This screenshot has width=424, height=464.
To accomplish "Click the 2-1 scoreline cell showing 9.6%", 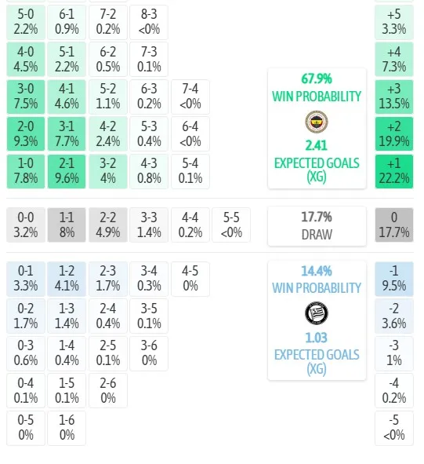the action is pos(67,171).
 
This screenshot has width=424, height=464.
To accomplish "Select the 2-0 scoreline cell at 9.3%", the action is pos(26,134).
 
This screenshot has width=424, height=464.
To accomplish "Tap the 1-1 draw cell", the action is pos(67,225).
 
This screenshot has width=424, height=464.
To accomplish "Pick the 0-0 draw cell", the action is pos(26,225).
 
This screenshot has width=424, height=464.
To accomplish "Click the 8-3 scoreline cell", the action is pos(149,22).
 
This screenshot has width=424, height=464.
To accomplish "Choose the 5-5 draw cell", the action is pos(231,225).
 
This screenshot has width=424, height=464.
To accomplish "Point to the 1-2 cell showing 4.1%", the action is pos(67,279).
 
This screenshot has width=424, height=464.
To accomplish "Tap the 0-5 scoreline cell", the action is pos(26,428).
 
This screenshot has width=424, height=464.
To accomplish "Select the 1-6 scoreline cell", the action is pos(67,428).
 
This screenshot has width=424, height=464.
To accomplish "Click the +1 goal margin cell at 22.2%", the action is pos(394,171).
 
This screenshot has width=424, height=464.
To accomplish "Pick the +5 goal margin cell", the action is pos(394,22).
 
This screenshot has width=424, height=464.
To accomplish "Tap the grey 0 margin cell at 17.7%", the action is pos(394,225).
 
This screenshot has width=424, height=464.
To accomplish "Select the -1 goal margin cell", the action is pos(394,279).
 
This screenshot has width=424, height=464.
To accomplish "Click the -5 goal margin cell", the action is pos(394,428).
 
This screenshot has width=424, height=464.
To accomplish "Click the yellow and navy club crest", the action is pos(317,122).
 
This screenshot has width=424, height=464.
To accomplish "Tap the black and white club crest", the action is pos(317,313).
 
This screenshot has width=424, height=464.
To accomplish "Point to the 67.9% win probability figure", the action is pos(317,79).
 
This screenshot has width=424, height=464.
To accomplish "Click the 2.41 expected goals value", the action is pos(317,145).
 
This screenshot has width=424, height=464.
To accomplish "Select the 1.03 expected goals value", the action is pos(317,338).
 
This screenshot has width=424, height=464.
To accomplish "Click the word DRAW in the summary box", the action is pos(317,235).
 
